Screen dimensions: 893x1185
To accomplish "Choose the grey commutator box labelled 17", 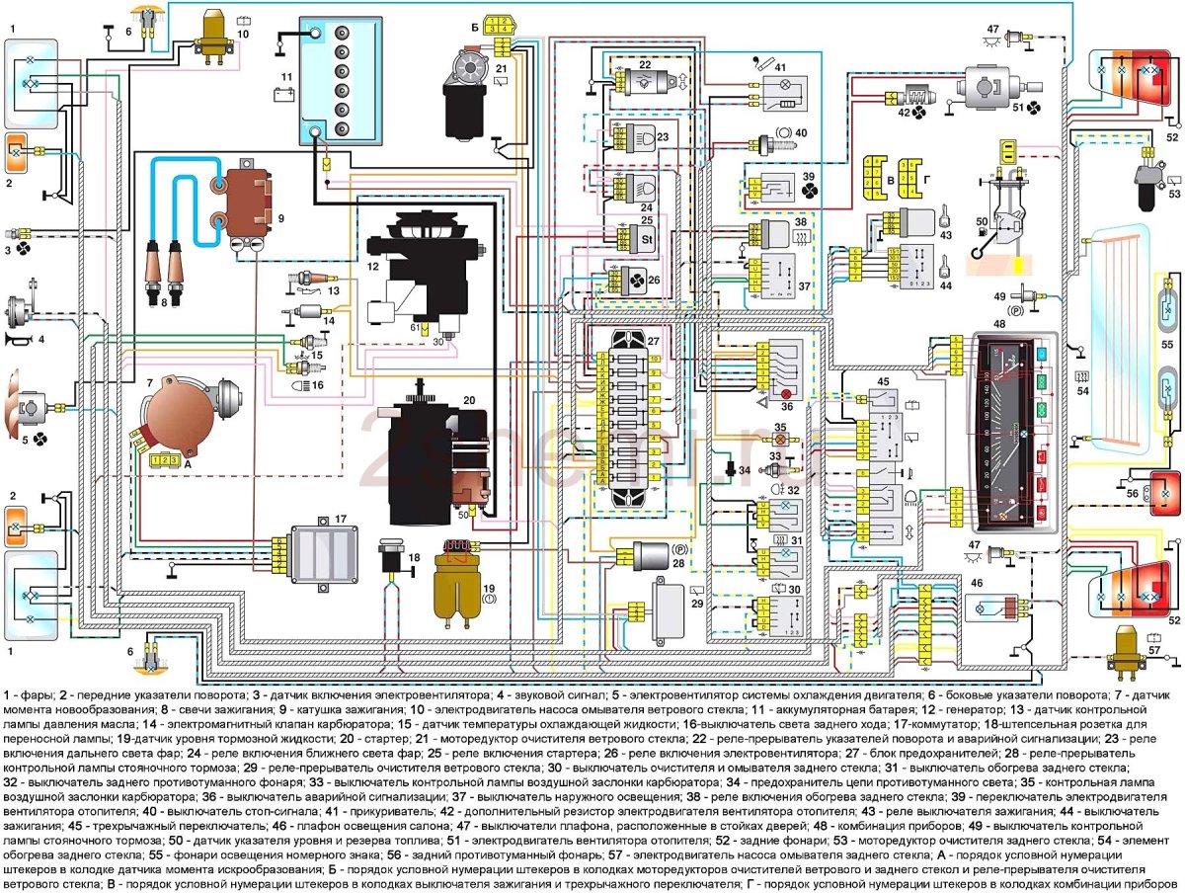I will coord(326,548).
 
